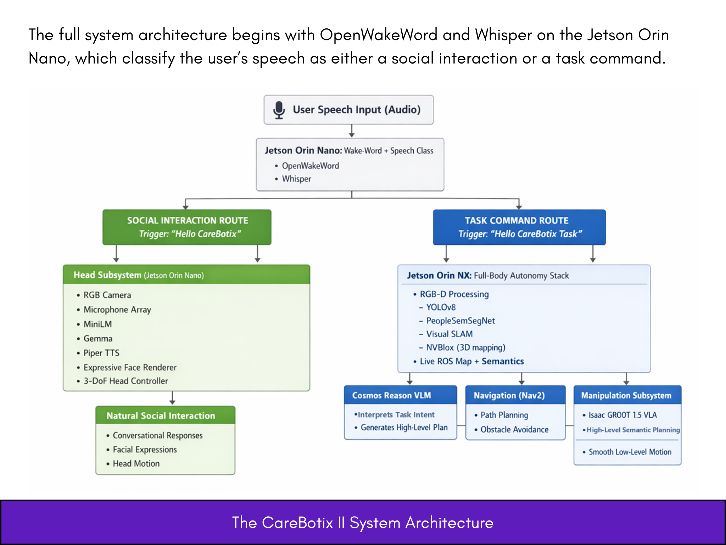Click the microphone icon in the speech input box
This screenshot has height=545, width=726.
(x=279, y=110)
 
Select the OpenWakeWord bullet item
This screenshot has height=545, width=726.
(x=310, y=166)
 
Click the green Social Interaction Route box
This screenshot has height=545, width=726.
(x=187, y=227)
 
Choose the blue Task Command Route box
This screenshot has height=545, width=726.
(x=519, y=227)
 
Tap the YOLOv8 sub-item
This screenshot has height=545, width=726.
(x=441, y=307)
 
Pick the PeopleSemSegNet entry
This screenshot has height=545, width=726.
(x=460, y=321)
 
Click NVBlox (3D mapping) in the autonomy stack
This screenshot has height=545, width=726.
(x=466, y=347)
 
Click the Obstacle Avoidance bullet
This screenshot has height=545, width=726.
(x=514, y=430)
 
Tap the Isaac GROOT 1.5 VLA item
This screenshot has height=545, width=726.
(x=623, y=415)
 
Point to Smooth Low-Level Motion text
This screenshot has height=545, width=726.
(x=630, y=452)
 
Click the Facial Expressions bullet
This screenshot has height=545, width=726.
(x=145, y=450)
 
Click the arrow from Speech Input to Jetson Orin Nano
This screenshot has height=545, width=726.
(x=352, y=131)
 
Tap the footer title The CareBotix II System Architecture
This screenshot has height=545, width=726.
(x=363, y=523)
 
